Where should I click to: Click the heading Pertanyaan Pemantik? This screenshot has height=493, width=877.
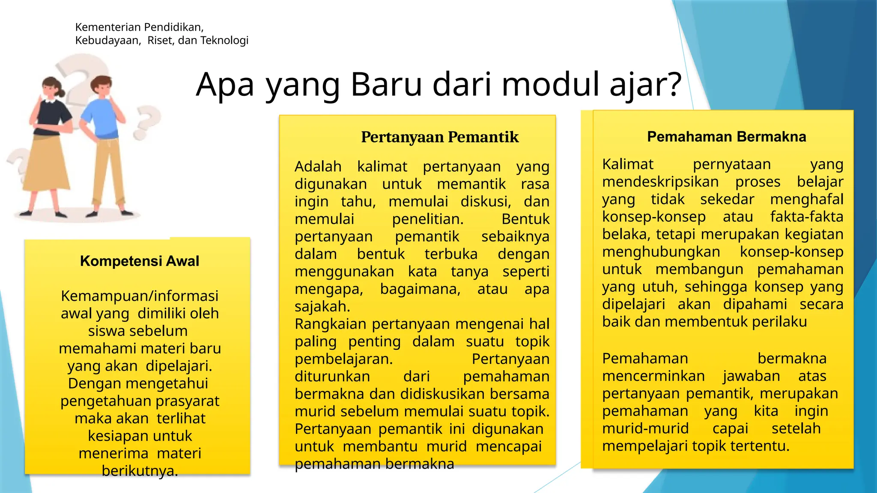pos(439,137)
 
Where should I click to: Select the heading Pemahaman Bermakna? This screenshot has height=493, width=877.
pos(726,137)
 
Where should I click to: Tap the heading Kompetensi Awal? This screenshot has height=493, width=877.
pos(140,261)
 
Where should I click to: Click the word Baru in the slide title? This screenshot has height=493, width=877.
pos(386,84)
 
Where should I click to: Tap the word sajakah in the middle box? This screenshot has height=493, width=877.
pos(322,306)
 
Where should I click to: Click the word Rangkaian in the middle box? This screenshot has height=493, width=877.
pos(331,324)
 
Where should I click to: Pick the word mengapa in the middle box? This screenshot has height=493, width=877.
pos(328,289)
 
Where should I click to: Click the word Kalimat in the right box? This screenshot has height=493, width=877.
pos(627,164)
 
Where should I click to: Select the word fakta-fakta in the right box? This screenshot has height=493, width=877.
pos(806,217)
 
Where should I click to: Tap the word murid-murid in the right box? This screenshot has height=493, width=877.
pos(645,428)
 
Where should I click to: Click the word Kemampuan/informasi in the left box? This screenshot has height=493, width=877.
pos(140,296)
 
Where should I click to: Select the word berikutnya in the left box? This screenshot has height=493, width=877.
pos(139,471)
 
